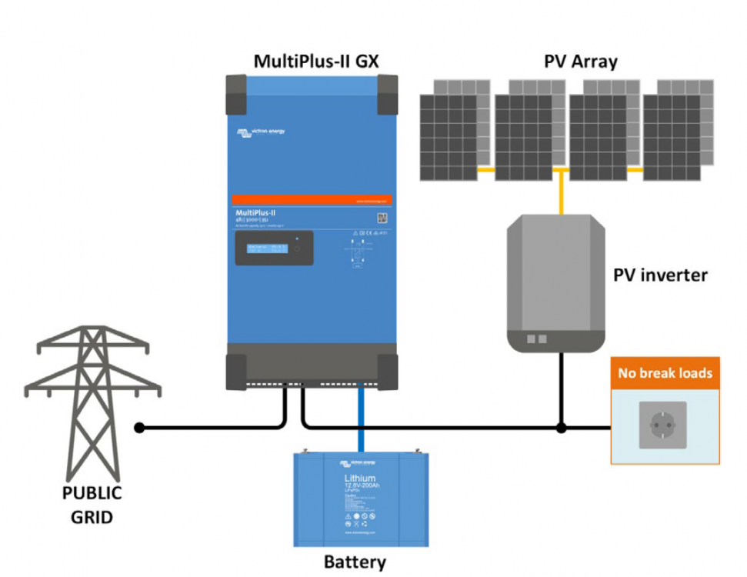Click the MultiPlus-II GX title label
pyautogui.click(x=317, y=62)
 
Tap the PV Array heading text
pyautogui.click(x=580, y=62)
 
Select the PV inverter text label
pyautogui.click(x=660, y=275)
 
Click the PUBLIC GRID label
pyautogui.click(x=92, y=505)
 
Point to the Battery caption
pyautogui.click(x=355, y=562)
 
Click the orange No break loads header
pyautogui.click(x=665, y=374)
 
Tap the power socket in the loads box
pyautogui.click(x=662, y=425)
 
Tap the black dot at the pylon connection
pyautogui.click(x=139, y=427)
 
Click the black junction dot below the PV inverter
pyautogui.click(x=562, y=427)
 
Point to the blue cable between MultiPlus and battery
pyautogui.click(x=359, y=420)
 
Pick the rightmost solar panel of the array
pyautogui.click(x=677, y=135)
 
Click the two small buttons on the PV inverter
pyautogui.click(x=535, y=339)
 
